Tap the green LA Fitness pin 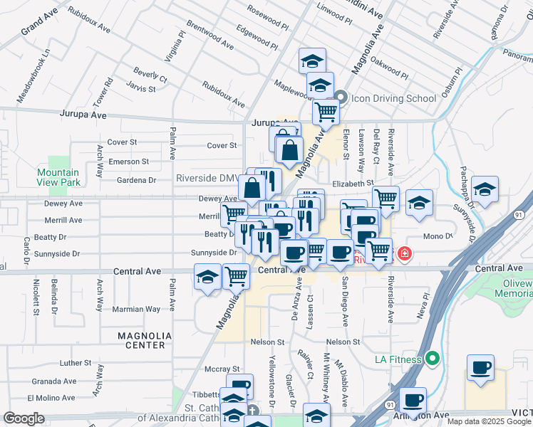tap(431, 357)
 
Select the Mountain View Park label tap(58, 177)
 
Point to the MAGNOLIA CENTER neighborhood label tap(145, 340)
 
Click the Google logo tap(24, 418)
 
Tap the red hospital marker tap(405, 253)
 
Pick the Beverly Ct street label tap(150, 75)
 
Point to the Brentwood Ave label tap(210, 34)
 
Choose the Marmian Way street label tap(138, 309)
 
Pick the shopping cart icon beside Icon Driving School tap(326, 111)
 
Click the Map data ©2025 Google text tap(489, 421)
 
